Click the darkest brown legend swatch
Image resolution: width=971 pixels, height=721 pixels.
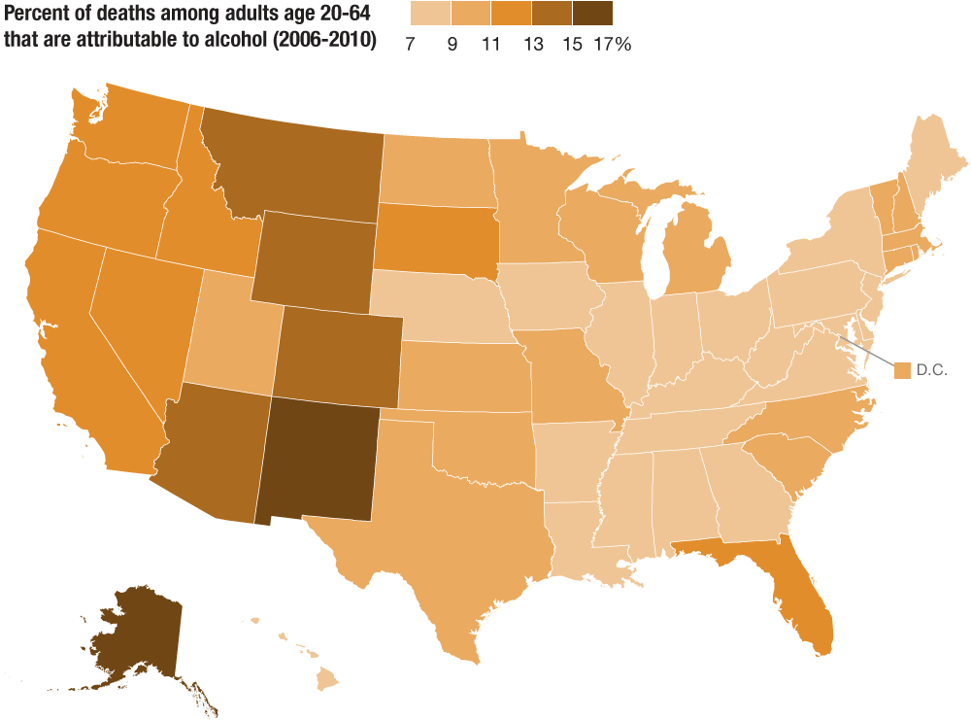coord(592,14)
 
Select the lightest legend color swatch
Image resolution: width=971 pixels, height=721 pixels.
coord(430,14)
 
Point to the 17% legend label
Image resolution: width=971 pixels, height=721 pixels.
coord(612,46)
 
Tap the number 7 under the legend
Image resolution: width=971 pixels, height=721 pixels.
coord(411,46)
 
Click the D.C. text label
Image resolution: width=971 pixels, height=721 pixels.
coord(931,370)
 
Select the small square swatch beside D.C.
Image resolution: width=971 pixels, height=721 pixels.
coord(903,370)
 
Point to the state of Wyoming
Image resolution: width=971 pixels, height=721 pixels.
coord(311,257)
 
